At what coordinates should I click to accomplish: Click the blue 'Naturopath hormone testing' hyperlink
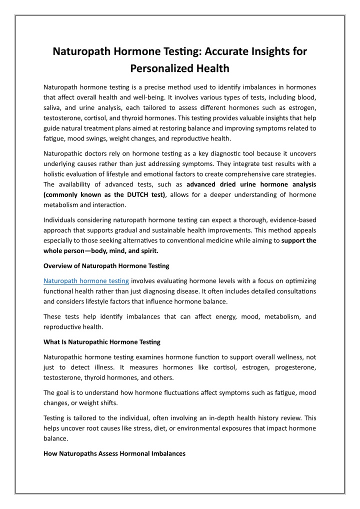86,281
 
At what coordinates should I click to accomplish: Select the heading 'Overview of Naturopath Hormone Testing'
106,265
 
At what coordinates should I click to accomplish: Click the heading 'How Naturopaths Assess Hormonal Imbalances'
114,453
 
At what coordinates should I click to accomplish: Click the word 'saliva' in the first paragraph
53,108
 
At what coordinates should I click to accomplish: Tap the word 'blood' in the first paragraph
306,98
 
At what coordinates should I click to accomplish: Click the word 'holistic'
55,173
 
